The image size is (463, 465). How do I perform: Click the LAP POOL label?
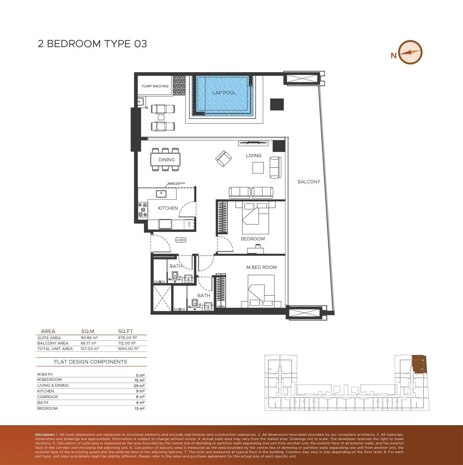coord(224,93)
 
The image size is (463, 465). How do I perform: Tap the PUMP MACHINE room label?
coord(155,86)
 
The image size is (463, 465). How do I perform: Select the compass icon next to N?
coord(410,52)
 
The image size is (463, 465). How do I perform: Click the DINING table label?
coord(166,160)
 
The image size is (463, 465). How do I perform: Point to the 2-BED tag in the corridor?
coord(181,240)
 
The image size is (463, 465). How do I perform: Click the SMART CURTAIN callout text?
coord(176,183)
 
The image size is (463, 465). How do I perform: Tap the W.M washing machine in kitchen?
coord(189,224)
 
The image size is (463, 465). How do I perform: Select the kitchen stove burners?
coord(143,209)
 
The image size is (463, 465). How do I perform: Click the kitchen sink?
coord(161,194)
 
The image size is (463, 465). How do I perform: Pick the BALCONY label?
coord(309,182)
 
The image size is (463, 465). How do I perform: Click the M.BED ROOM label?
coord(261,267)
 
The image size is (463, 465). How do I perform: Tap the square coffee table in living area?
coord(258,168)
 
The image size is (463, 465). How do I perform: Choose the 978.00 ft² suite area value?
coord(127,338)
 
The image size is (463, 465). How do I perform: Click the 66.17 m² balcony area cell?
coord(89,343)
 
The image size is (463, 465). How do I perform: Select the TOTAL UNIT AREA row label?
coord(55,349)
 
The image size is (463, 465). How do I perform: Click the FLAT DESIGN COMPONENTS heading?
coord(90,362)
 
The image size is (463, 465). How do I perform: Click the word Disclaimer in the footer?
coord(45,435)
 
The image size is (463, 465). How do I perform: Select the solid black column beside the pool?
coord(277,104)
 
